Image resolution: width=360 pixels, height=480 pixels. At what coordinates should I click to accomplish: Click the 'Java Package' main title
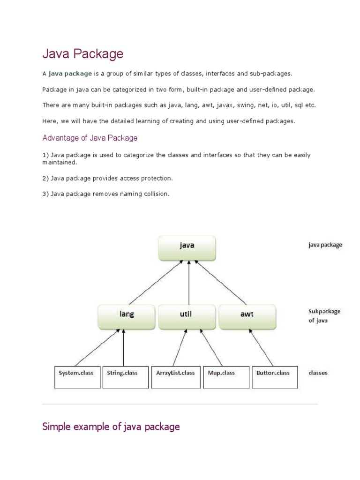83,54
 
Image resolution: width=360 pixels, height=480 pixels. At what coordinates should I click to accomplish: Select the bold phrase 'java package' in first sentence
70,74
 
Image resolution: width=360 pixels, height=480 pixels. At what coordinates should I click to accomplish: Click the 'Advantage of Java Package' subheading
90,138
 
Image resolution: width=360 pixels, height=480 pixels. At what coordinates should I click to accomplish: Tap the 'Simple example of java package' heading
111,427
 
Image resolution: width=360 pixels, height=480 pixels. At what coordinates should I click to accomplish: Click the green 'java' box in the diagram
187,248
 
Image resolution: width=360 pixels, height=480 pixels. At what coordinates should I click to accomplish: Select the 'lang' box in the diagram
126,316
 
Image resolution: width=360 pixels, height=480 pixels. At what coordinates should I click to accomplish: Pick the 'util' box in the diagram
187,316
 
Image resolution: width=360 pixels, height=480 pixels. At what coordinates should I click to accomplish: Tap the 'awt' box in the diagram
247,316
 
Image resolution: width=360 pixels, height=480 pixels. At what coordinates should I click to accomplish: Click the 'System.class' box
77,377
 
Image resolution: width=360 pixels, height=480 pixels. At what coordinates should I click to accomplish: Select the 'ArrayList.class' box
175,377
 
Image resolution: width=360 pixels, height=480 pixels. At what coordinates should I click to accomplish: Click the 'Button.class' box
275,377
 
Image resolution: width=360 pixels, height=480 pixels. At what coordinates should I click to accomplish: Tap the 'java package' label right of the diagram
325,245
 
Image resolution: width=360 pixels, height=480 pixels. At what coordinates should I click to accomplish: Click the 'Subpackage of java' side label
324,316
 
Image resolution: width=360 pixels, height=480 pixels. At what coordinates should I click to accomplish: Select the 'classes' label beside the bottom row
318,373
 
